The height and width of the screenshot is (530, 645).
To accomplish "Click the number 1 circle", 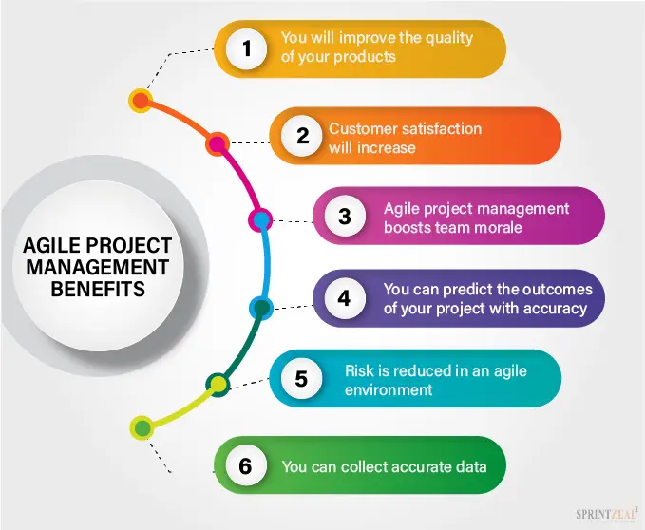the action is coord(246,48).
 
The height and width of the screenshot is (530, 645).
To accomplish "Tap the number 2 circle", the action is coord(302,136).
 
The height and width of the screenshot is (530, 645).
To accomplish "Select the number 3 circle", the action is coord(345,216).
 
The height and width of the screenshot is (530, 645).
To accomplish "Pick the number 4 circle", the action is coord(345,298).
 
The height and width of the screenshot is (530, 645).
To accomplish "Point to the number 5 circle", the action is coord(301,378).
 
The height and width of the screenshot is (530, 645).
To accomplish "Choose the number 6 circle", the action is coord(246,465).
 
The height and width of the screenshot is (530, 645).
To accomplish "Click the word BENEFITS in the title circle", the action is coord(98,289).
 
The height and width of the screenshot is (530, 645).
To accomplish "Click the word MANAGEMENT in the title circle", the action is coord(98,267).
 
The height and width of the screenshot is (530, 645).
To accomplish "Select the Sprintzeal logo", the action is coord(607,514).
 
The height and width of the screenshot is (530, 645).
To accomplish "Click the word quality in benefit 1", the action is coord(448,38).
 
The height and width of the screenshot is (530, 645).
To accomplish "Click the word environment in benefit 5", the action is coord(389,389).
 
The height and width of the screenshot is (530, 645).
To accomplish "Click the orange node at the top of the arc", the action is coord(141,101).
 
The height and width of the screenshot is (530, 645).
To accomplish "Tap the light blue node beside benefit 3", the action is coord(261,220).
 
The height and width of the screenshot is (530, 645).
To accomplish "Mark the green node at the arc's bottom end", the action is coord(142,428).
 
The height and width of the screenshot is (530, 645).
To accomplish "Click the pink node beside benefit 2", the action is coord(218,144).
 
